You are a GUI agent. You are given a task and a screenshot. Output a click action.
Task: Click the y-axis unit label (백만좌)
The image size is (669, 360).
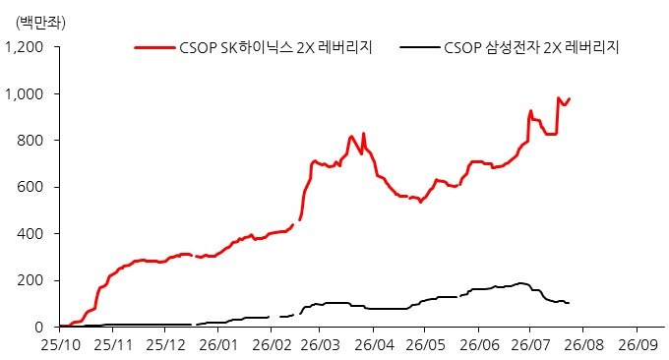(x=40, y=23)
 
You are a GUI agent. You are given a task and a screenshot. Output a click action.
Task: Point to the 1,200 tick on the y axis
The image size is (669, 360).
(x=25, y=47)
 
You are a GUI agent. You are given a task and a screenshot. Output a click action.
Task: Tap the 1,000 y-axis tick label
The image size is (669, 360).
(x=25, y=93)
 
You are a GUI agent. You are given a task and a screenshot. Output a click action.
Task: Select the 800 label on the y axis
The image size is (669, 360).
(x=30, y=141)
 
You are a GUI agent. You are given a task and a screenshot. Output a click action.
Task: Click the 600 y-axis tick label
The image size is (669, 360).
(x=30, y=187)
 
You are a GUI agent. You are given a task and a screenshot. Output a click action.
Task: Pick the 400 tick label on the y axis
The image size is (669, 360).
(x=30, y=234)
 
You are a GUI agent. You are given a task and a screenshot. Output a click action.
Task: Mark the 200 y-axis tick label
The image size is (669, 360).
(x=30, y=280)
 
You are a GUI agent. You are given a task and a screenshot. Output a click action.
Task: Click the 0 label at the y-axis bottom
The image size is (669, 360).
(x=39, y=328)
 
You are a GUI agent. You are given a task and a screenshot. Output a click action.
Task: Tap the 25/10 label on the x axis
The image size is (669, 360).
(x=61, y=345)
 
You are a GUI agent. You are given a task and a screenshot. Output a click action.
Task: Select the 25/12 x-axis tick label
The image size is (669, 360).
(x=165, y=345)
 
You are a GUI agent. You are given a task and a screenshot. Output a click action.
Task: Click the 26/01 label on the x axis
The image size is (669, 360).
(x=218, y=345)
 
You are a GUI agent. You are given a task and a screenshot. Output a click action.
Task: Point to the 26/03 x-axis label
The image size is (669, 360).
(x=320, y=345)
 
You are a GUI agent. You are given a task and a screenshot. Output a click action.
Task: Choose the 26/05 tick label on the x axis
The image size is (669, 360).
(x=425, y=345)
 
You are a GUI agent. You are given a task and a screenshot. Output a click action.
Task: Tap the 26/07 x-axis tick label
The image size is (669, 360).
(x=530, y=345)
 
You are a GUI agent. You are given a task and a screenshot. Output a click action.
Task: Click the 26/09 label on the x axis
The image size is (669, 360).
(x=638, y=345)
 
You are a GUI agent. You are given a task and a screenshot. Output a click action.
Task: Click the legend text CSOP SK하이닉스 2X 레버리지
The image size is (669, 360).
(x=275, y=47)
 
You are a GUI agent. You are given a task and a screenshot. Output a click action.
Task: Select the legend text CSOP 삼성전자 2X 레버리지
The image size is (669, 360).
(x=531, y=47)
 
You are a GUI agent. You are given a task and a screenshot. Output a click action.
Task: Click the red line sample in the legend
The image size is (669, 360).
(x=154, y=47)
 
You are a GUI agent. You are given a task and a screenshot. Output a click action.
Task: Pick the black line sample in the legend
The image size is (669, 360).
(x=420, y=47)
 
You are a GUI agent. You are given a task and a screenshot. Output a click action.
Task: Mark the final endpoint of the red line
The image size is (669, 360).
(x=570, y=99)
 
